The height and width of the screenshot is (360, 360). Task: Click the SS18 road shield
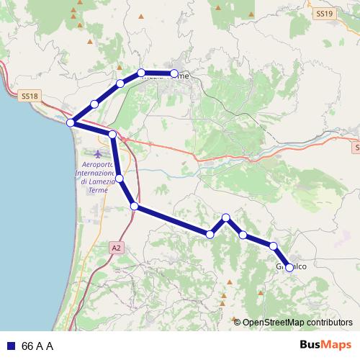click(30, 95)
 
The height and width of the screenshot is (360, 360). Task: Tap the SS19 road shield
click(324, 14)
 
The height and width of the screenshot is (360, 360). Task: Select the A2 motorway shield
click(116, 248)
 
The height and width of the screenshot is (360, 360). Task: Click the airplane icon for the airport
click(98, 153)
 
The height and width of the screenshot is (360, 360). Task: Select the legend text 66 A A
click(37, 346)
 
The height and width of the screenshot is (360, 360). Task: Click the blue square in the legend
click(11, 346)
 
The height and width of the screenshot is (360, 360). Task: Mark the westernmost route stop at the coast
click(71, 123)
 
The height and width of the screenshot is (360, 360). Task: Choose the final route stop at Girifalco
click(289, 267)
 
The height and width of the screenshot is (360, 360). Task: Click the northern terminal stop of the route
click(174, 73)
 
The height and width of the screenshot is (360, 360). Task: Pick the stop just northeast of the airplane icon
click(112, 135)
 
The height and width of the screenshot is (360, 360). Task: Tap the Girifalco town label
click(292, 268)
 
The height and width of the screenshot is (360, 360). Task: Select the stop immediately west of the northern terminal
click(141, 73)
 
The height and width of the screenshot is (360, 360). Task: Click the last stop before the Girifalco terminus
click(274, 246)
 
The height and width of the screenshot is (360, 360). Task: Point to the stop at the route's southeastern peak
click(226, 217)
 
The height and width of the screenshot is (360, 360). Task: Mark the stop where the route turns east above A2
click(135, 207)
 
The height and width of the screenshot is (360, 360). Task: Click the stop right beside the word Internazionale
click(120, 178)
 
